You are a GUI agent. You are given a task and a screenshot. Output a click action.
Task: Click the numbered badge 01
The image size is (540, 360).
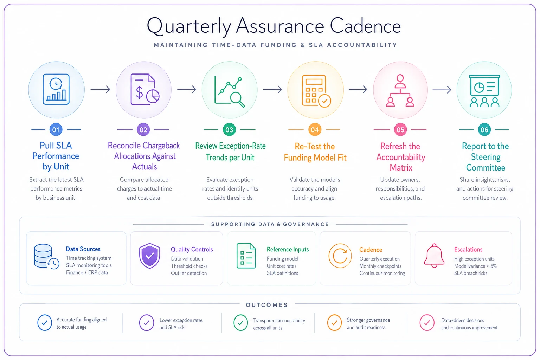click(56, 130)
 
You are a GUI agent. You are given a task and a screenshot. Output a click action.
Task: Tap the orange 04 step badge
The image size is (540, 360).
click(315, 130)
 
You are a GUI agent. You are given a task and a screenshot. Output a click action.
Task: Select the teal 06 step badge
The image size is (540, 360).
click(484, 130)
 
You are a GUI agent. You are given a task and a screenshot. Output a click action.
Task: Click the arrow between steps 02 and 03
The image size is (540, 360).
click(187, 89)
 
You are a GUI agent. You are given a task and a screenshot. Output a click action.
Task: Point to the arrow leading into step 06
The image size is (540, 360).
click(442, 90)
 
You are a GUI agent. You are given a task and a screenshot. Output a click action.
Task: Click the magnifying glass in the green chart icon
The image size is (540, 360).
click(237, 99)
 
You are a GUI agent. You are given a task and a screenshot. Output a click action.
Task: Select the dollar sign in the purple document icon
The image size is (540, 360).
click(139, 93)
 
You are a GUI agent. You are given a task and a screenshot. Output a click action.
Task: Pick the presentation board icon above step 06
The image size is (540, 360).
click(484, 91)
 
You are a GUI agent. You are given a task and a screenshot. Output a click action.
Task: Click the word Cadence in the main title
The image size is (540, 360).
click(365, 26)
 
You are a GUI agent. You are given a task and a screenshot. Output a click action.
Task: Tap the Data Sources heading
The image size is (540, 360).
click(83, 249)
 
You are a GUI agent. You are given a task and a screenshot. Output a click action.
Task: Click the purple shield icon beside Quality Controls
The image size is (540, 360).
click(149, 256)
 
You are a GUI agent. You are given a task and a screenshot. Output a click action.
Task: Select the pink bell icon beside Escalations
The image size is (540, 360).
click(434, 256)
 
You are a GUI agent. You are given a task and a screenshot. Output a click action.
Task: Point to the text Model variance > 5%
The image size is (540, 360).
click(475, 266)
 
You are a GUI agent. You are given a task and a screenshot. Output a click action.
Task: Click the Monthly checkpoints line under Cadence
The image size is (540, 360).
click(380, 266)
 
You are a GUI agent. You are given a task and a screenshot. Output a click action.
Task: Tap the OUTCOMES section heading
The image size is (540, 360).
click(267, 305)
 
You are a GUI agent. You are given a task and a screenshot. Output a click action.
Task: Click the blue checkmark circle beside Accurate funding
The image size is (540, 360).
click(45, 323)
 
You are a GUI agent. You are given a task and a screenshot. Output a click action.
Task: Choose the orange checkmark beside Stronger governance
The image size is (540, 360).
click(334, 323)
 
